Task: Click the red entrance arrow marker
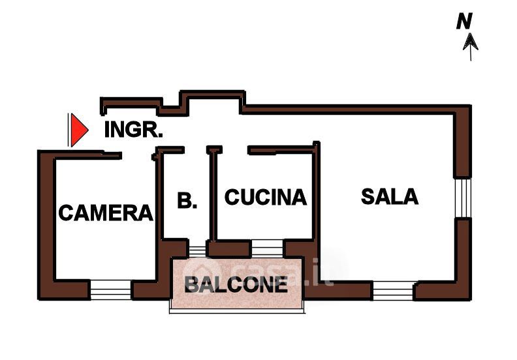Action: (x=78, y=130)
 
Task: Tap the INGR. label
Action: (x=133, y=130)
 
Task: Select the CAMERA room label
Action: (x=106, y=212)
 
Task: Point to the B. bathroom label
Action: (x=187, y=201)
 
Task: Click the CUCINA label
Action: (x=265, y=197)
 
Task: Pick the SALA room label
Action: (x=390, y=196)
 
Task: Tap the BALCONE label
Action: (x=236, y=284)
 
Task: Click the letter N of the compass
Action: (x=464, y=22)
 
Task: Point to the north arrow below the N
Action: (x=471, y=44)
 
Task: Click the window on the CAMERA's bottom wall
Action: (x=110, y=288)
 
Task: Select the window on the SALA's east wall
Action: (x=463, y=198)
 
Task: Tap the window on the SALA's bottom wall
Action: (x=393, y=290)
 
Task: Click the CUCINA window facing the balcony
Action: (x=267, y=248)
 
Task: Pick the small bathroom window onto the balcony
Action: (x=196, y=248)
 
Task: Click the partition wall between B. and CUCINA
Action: (x=212, y=196)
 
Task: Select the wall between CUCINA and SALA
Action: (x=317, y=196)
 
